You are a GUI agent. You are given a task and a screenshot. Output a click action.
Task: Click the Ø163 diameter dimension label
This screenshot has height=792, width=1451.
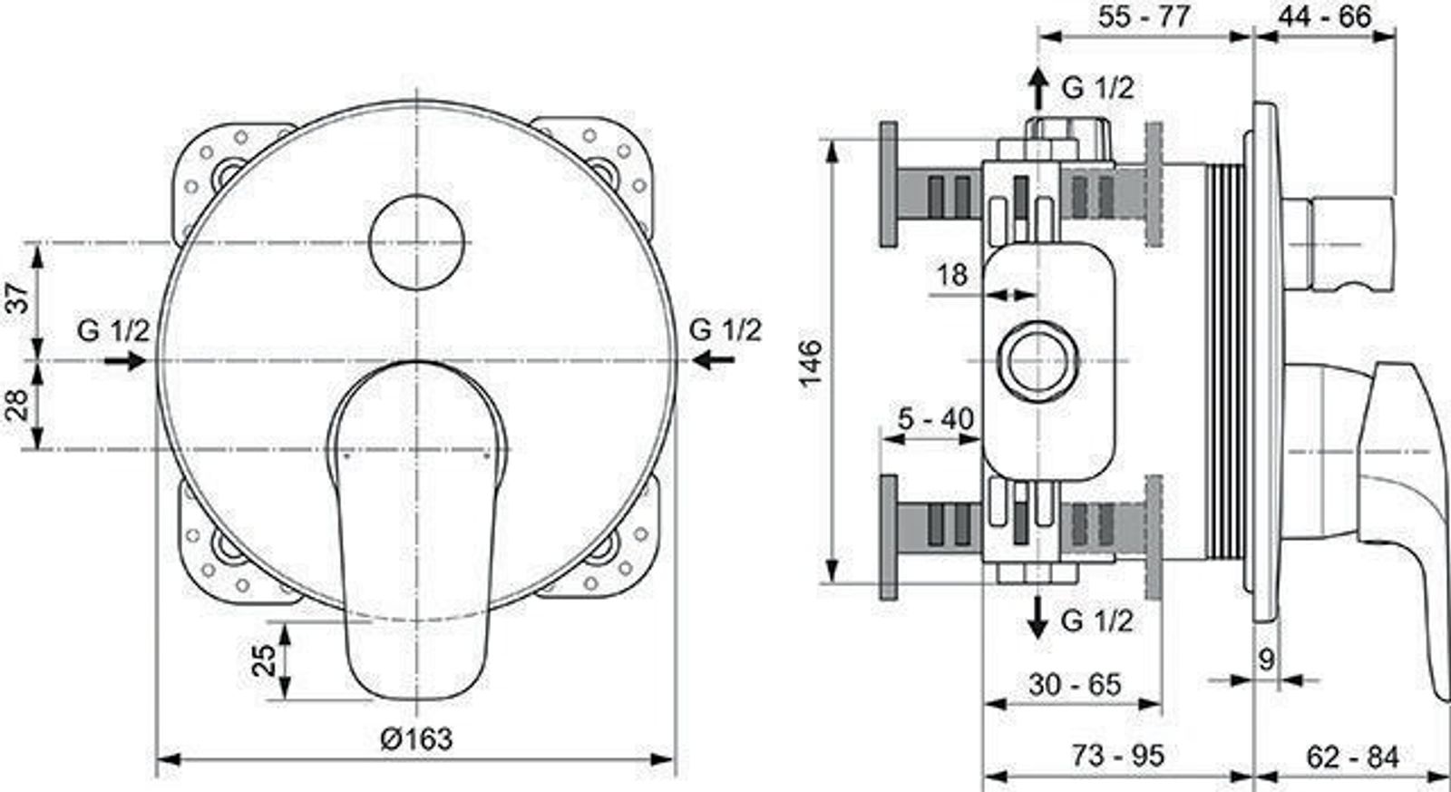(416, 738)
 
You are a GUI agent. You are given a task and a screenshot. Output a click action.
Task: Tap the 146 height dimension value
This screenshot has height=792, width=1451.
(811, 362)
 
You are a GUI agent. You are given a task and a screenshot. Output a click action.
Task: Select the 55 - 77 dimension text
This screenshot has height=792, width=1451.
(1144, 15)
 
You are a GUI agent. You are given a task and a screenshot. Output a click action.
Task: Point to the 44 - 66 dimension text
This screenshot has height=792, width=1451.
(1325, 15)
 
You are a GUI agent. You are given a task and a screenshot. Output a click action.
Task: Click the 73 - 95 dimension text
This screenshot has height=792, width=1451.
(1118, 755)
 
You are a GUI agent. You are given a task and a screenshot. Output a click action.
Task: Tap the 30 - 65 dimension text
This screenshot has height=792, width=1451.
(1075, 684)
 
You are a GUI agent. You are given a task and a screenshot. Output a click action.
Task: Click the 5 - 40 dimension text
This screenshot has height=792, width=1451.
(935, 419)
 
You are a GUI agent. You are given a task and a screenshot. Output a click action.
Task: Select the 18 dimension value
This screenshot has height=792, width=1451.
(952, 275)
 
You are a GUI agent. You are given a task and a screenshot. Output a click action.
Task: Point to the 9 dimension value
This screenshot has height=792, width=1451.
(1266, 660)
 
